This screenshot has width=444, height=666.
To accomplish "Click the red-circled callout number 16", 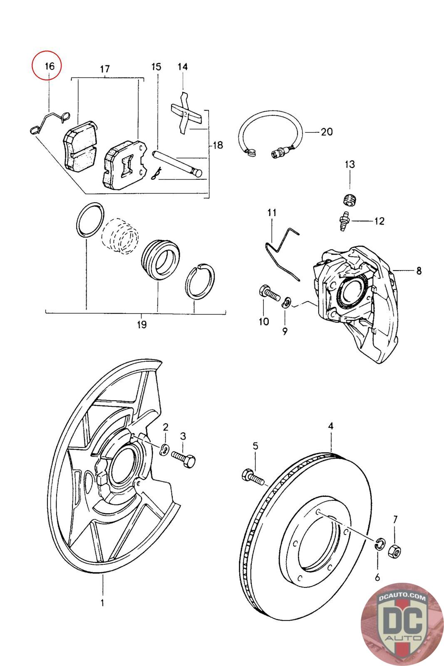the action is [x=50, y=66].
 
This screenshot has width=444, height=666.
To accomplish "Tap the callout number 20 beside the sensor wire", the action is [x=327, y=132].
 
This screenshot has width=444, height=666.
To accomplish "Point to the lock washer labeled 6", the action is [x=380, y=544].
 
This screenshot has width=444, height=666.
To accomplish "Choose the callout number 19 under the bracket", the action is [x=142, y=324].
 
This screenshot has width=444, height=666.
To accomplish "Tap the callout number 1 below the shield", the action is [x=102, y=601].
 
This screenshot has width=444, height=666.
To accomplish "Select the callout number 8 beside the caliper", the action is [x=419, y=271].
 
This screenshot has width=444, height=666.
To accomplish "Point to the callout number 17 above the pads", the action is [x=105, y=69].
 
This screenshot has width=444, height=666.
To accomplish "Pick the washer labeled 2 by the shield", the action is [x=164, y=450].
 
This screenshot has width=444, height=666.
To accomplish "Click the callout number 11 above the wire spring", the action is [x=272, y=213].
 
